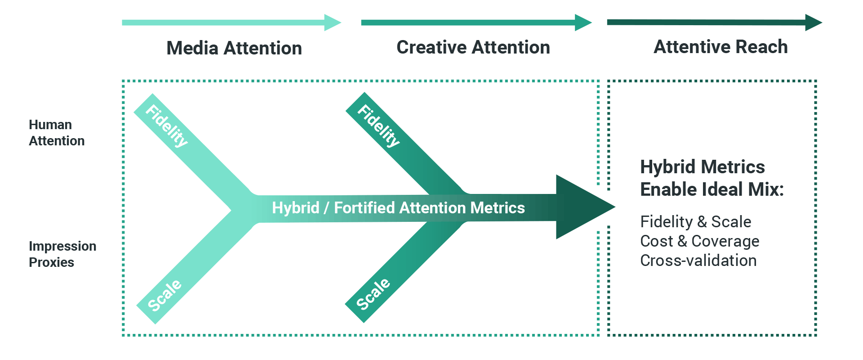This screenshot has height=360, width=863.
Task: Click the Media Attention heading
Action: [x=234, y=48]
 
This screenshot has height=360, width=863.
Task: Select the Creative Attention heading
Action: [x=473, y=47]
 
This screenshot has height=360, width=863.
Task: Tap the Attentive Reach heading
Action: [x=721, y=47]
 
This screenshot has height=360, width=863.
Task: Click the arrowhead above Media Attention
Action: [x=333, y=22]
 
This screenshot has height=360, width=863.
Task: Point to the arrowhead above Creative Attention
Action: [x=583, y=22]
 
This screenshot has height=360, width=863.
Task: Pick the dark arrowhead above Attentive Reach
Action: [x=814, y=22]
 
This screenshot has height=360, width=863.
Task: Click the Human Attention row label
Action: [x=57, y=133]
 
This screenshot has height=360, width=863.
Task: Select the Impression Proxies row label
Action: [x=62, y=254]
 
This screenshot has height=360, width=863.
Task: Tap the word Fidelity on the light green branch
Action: [x=167, y=126]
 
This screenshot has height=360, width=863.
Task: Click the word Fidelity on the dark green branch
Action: [x=378, y=126]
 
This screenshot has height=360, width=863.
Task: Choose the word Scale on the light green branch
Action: [x=165, y=295]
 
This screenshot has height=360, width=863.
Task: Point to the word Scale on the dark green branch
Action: [x=373, y=294]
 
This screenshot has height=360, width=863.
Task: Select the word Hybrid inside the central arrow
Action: [x=296, y=208]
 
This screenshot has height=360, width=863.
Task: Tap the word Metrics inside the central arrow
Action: [x=498, y=208]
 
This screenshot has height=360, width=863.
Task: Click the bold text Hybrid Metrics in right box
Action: [x=703, y=167]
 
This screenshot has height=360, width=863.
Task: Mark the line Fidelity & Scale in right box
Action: [x=696, y=222]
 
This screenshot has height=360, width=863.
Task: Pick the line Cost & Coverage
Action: [x=700, y=241]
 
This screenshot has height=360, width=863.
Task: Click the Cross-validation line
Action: [x=698, y=261]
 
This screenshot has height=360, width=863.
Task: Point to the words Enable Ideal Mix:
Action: [x=712, y=189]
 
